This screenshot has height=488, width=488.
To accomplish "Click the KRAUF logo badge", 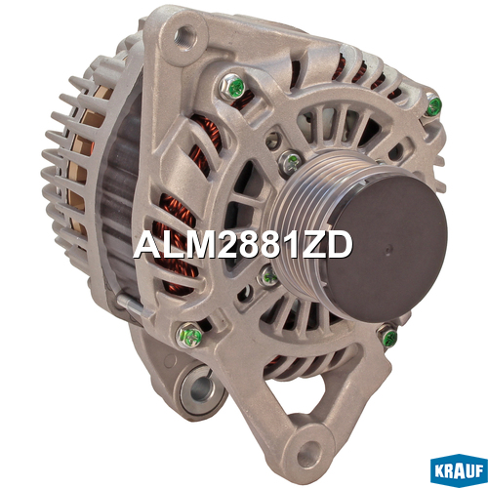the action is (459, 470).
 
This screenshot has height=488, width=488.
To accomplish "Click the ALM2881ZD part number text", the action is (243, 245).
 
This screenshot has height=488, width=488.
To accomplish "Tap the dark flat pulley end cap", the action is (387, 250).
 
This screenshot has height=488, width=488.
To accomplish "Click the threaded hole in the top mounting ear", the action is (185, 35).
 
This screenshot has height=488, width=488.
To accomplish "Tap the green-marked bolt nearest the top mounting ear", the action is (232, 86).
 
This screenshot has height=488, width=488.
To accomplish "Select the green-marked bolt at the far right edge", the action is (433, 104).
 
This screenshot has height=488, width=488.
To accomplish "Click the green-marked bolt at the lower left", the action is (189, 335).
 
